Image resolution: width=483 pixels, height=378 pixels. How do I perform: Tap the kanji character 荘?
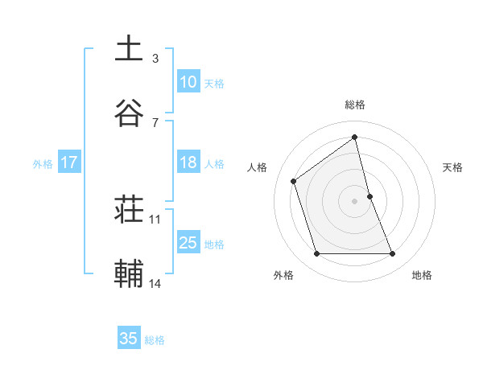(x=129, y=209)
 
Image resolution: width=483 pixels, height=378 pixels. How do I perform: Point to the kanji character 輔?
(x=129, y=273)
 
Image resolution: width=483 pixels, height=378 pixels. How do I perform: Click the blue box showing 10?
(x=188, y=82)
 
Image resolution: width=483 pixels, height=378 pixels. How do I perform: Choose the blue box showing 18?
(x=188, y=162)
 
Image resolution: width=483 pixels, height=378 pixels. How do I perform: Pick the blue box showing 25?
(x=188, y=243)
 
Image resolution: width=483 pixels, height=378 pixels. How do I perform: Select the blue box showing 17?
(x=68, y=162)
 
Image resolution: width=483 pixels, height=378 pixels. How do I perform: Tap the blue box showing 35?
(x=129, y=339)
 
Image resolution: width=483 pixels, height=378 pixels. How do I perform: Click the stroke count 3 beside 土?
(x=155, y=58)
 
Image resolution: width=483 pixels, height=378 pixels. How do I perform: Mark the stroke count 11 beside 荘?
(x=155, y=219)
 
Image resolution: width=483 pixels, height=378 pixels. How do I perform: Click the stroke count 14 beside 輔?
(x=155, y=283)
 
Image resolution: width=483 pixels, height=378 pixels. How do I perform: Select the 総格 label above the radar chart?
(x=355, y=105)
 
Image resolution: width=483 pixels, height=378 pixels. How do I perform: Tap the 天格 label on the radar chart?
(x=453, y=167)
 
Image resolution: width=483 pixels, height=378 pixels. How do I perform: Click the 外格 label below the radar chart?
(x=283, y=275)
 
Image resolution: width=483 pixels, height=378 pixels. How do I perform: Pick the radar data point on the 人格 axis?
(x=294, y=181)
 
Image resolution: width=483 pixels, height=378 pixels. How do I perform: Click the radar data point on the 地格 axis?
(x=393, y=254)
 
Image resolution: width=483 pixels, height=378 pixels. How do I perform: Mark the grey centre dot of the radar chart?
(x=355, y=201)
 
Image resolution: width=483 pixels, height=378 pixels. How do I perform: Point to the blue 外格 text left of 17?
(x=43, y=163)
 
